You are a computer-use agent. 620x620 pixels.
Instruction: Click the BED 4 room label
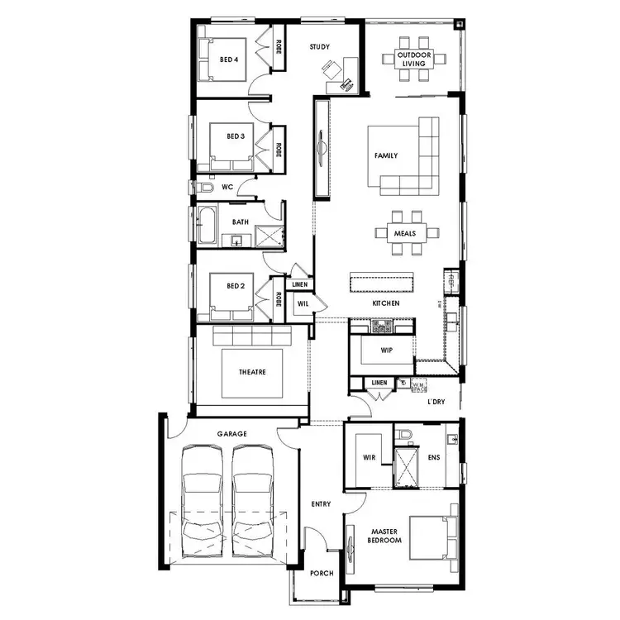pos(229,60)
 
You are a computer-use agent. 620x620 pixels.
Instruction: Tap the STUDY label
pos(320,47)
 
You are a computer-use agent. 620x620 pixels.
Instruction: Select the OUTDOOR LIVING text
pos(411,59)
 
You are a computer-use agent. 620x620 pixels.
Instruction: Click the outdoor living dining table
pos(412,59)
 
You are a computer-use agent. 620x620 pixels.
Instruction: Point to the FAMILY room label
pos(385,155)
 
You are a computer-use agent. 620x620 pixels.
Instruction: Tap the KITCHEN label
pos(385,303)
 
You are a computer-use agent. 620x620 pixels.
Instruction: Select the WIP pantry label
pos(386,350)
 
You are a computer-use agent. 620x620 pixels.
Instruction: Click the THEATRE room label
pos(253,373)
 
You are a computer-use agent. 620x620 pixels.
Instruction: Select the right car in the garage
pos(253,504)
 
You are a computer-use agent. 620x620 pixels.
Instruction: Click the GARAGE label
pos(232,433)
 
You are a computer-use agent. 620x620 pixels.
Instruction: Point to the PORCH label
pos(321,574)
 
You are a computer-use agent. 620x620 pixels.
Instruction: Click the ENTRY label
pos(321,503)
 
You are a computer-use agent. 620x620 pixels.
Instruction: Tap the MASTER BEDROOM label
pos(385,536)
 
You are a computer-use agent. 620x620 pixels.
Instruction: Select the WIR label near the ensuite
pos(370,456)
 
